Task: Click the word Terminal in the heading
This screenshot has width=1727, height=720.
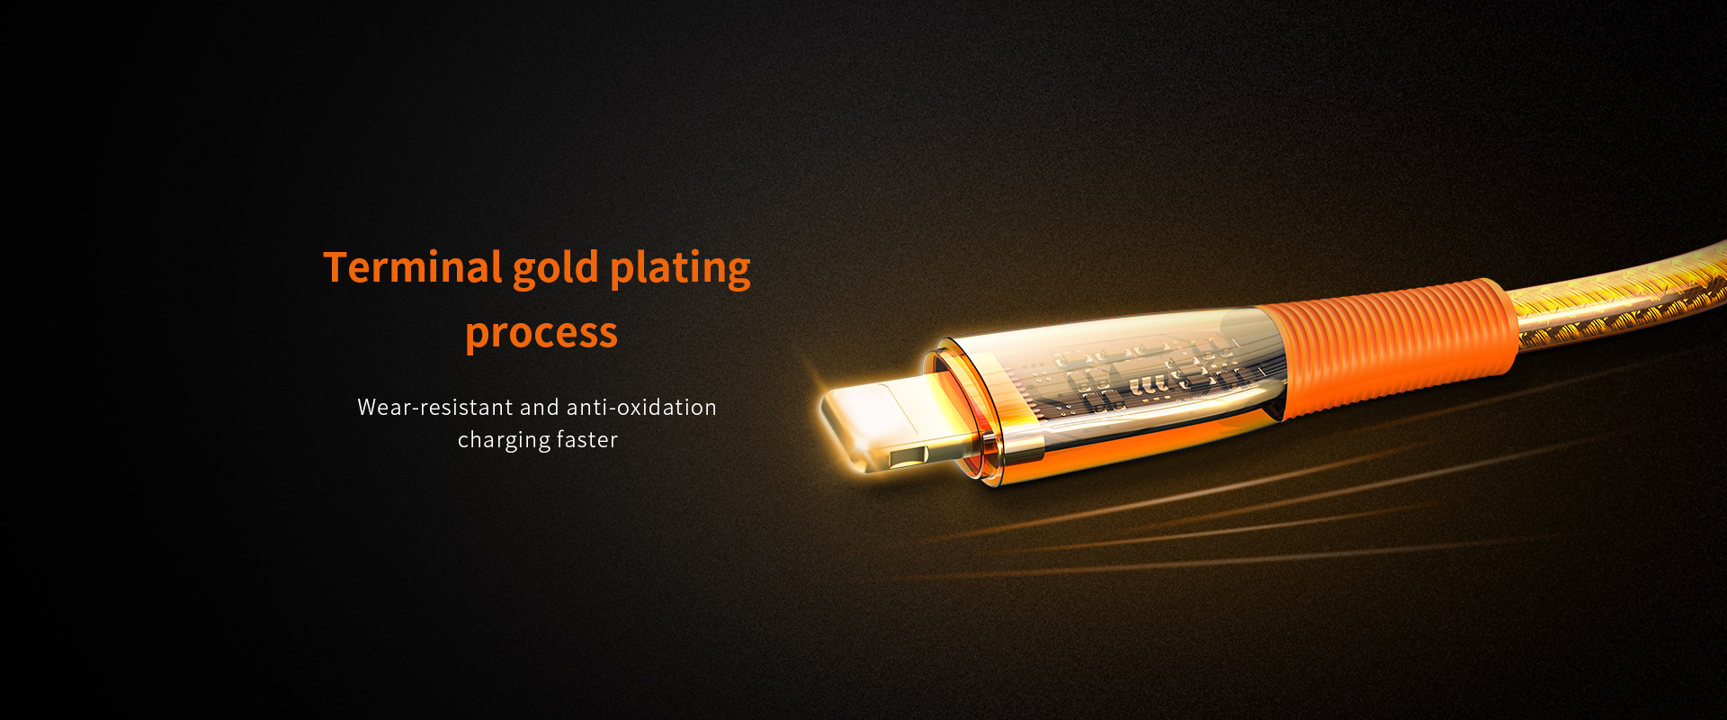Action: pyautogui.click(x=413, y=267)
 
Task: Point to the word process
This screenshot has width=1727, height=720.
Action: pyautogui.click(x=541, y=333)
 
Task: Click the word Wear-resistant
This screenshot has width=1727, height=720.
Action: pyautogui.click(x=435, y=407)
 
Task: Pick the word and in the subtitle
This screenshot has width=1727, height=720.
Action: pyautogui.click(x=539, y=407)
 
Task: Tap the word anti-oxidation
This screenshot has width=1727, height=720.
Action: pyautogui.click(x=641, y=407)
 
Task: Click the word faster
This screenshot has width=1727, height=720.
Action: pyautogui.click(x=587, y=439)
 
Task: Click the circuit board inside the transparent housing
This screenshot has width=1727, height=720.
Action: pyautogui.click(x=1151, y=376)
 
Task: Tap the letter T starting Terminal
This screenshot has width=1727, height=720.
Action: pyautogui.click(x=336, y=267)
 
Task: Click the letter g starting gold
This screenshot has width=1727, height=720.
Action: pyautogui.click(x=524, y=274)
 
